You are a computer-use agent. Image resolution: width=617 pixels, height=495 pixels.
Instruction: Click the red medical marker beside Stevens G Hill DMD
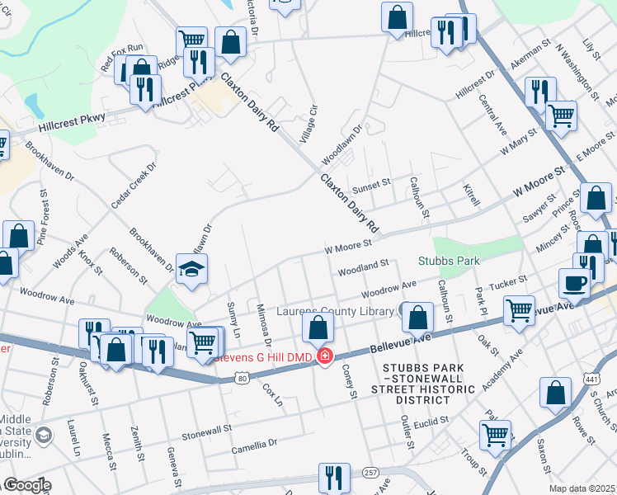(x=325, y=356)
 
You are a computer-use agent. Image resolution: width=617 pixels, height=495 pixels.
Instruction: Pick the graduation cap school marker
(x=192, y=269)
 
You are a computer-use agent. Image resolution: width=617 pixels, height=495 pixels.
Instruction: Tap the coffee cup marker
(x=575, y=282)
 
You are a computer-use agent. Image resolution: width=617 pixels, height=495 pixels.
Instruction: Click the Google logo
(x=26, y=486)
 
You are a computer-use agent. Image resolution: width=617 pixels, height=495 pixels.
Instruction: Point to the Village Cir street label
(x=308, y=122)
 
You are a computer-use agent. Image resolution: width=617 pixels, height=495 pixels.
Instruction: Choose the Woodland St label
(x=362, y=267)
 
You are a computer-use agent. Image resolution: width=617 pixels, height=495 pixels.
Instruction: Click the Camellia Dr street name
(x=254, y=443)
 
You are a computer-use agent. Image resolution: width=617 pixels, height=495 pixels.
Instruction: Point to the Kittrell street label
(x=471, y=195)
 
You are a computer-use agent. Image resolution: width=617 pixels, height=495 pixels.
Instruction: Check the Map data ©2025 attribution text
(x=582, y=488)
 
